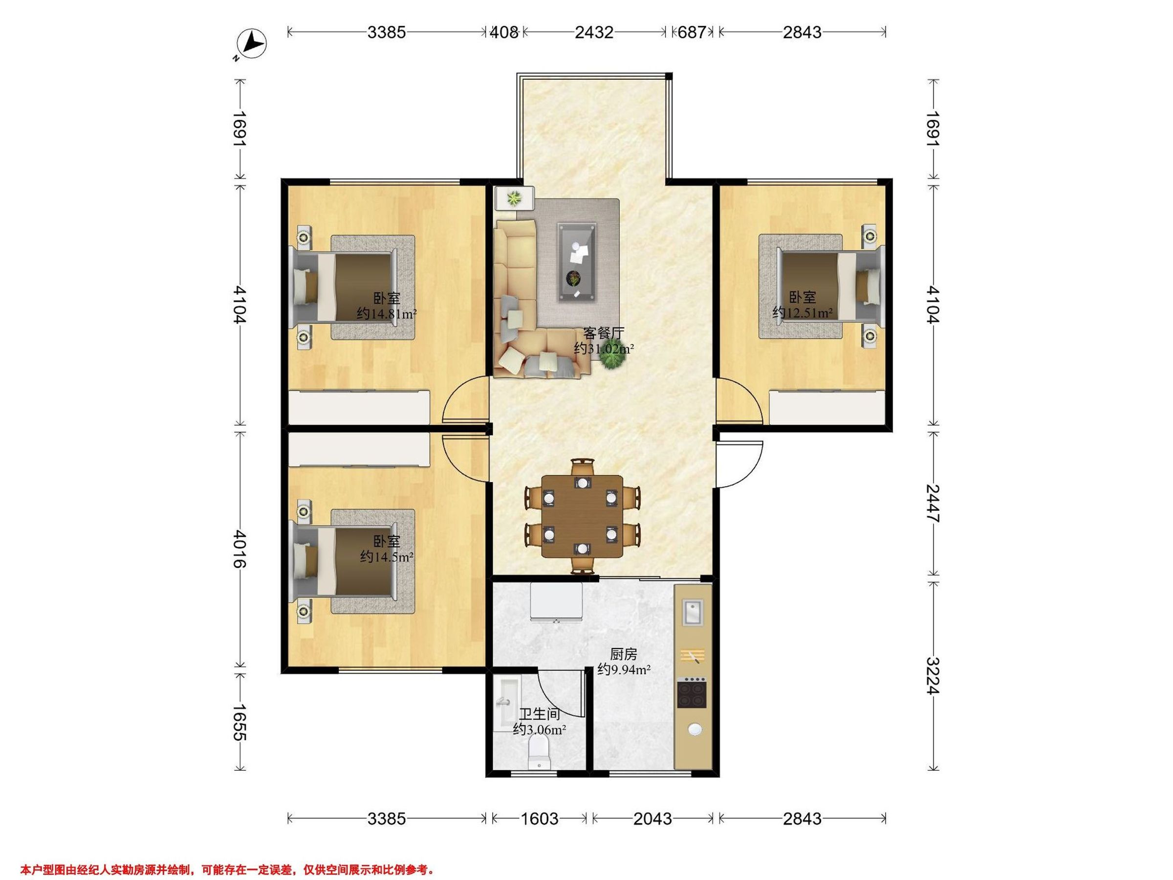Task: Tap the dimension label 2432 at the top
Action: tap(594, 32)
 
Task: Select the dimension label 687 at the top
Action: tap(692, 32)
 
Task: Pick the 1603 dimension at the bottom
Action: tap(539, 819)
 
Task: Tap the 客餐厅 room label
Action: tap(604, 333)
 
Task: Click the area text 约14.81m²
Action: tap(387, 313)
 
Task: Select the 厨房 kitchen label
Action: tap(624, 655)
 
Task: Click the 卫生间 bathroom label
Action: tap(539, 714)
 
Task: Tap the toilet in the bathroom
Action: tap(541, 754)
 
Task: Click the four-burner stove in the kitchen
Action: tap(693, 693)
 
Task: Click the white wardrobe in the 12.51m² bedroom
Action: tap(827, 407)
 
